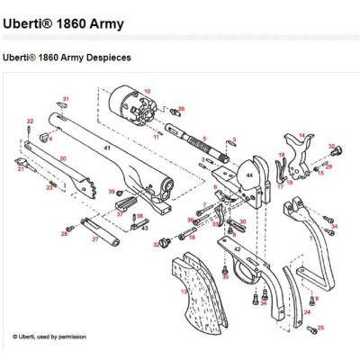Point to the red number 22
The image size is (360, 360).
(x=30, y=120)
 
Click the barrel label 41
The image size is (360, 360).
(x=107, y=146)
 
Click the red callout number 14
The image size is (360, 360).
(x=302, y=134)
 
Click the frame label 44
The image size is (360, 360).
(x=248, y=175)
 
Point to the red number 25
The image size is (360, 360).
(x=321, y=328)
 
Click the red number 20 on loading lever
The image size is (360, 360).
(x=63, y=157)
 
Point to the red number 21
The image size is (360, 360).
(x=20, y=167)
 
